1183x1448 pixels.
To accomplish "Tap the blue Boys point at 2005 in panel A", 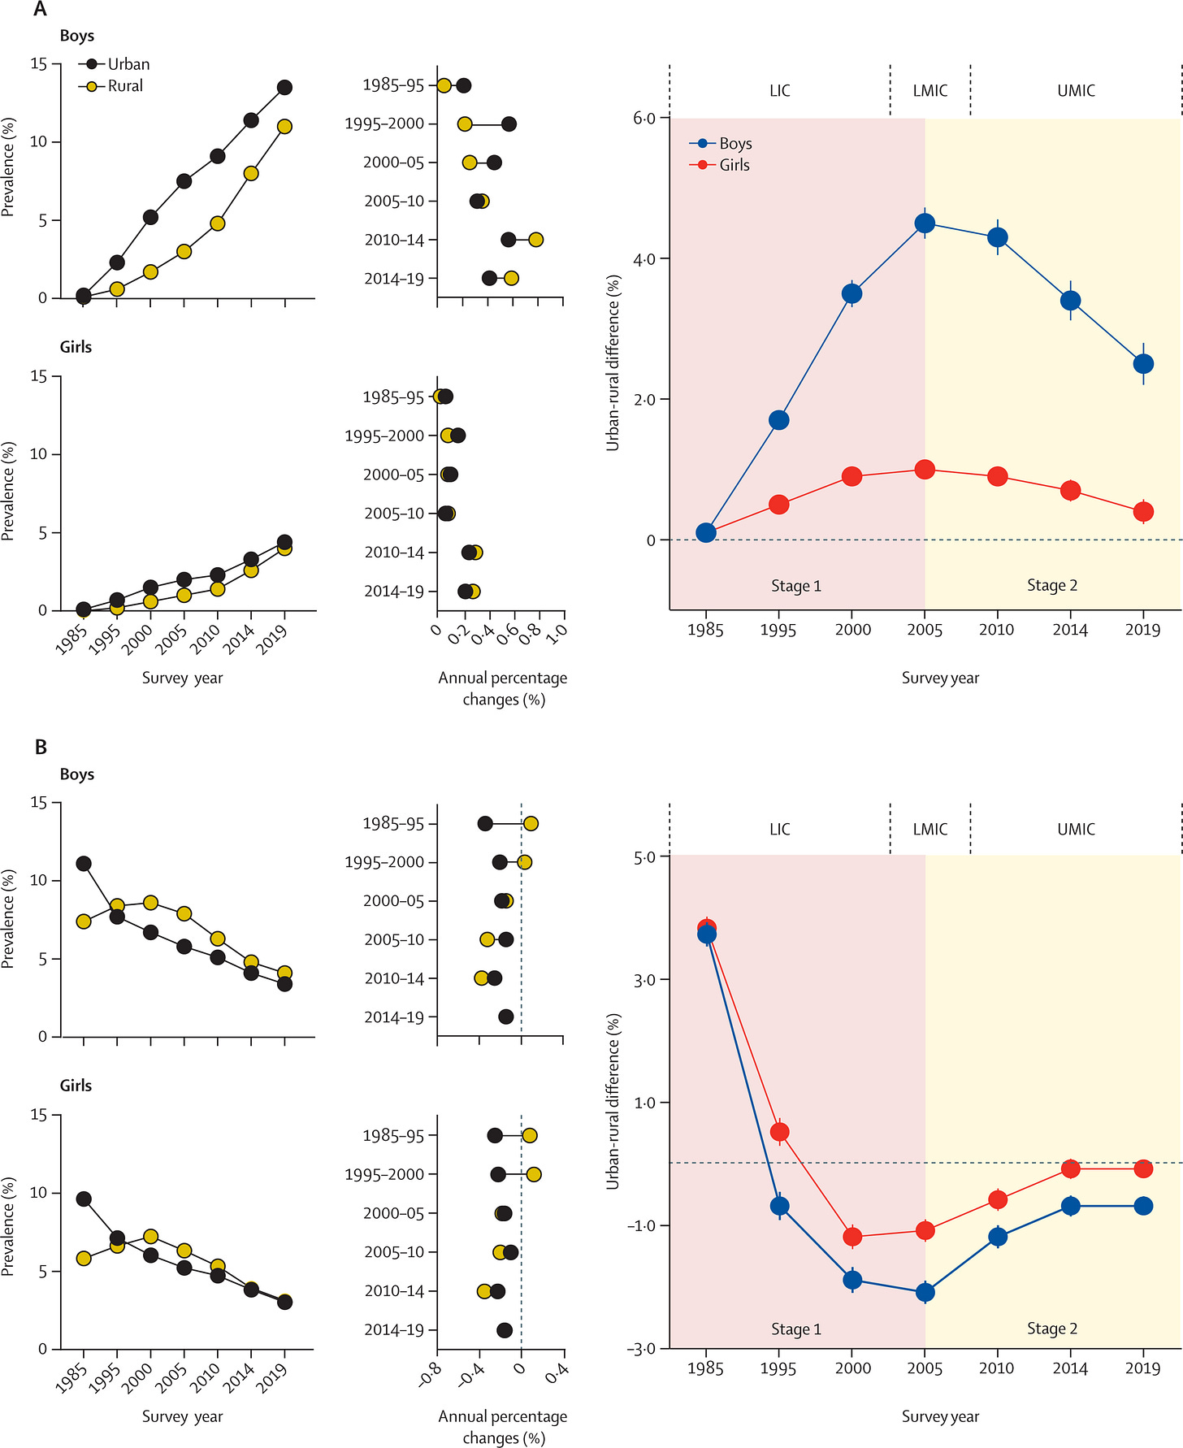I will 925,223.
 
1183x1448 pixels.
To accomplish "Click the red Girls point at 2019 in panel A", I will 1143,511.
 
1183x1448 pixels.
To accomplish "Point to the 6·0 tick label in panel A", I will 644,119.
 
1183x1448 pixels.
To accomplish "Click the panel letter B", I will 41,748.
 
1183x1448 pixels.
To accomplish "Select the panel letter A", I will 40,10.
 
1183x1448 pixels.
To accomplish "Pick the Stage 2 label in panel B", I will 1051,1329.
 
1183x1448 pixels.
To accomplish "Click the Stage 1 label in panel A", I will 795,586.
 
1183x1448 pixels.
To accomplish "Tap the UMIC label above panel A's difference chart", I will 1076,91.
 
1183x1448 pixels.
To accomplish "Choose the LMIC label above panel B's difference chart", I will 929,830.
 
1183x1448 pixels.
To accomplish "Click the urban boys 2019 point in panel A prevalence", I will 284,87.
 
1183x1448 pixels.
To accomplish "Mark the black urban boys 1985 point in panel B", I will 83,864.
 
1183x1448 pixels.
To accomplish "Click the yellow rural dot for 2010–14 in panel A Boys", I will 535,240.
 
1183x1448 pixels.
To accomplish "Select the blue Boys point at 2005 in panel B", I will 925,1292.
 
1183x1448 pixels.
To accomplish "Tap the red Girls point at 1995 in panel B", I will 779,1132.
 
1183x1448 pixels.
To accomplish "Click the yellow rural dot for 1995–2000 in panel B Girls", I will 534,1174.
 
